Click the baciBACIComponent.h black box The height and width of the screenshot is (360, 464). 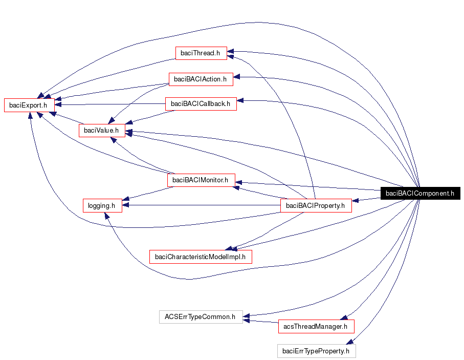419,193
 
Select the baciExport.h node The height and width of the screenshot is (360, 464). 29,104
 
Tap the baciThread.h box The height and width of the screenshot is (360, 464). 201,52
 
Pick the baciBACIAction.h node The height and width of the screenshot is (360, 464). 201,79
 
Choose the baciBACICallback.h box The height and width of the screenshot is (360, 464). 201,103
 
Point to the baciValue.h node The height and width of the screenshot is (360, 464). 101,130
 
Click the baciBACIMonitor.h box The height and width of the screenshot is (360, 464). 201,180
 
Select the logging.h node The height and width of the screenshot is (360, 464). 102,205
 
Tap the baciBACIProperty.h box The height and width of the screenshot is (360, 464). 316,206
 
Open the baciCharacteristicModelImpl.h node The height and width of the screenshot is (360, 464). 201,257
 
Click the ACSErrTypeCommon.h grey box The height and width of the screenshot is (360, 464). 200,317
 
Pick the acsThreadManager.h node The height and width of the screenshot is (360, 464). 316,326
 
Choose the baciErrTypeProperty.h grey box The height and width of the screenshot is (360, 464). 316,351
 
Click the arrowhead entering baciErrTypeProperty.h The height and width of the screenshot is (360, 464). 349,342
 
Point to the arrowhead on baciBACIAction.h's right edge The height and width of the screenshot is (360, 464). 237,77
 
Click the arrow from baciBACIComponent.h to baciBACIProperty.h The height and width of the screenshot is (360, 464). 366,200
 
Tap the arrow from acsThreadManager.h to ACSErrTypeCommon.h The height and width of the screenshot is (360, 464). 261,322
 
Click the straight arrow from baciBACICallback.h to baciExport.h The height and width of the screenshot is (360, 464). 113,104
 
